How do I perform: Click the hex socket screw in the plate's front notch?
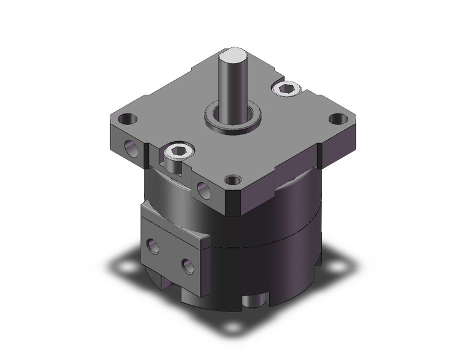tap(177, 151)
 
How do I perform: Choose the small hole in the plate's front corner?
tap(231, 180)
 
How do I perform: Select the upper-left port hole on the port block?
tap(152, 247)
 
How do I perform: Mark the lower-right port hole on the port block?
tap(188, 266)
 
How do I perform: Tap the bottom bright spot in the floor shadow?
tap(231, 327)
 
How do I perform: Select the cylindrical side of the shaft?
tap(235, 86)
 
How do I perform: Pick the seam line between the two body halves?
tap(270, 242)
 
